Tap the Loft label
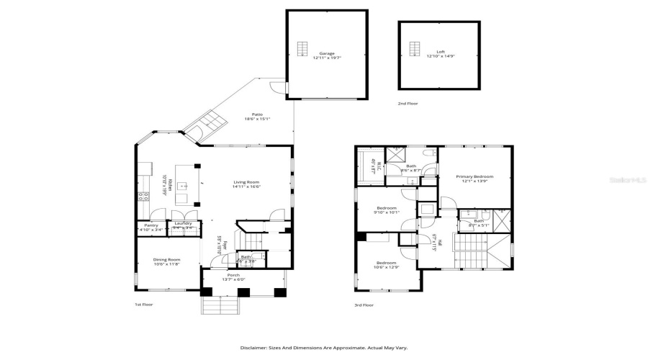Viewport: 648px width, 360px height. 440,53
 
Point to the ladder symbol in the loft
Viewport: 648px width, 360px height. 414,48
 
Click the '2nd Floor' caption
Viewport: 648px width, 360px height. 408,104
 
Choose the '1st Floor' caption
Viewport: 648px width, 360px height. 144,305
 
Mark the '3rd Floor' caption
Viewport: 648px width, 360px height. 364,305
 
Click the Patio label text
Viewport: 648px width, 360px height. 256,114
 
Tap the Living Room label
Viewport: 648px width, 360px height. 246,182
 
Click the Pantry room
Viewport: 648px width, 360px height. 151,227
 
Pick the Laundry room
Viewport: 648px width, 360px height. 184,225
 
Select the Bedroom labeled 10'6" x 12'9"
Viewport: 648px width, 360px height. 387,264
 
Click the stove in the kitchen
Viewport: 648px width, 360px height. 143,196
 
